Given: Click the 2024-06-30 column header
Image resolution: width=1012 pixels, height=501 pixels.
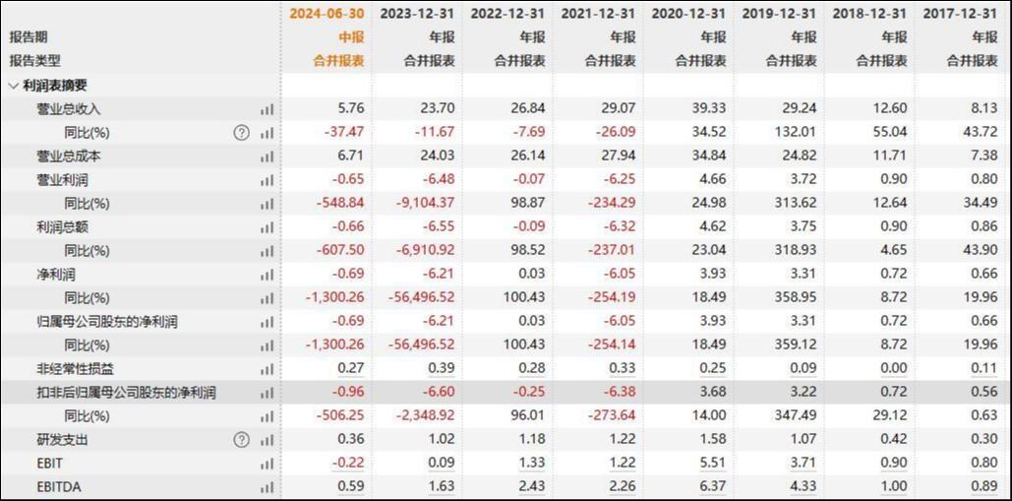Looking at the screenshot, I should [x=327, y=14].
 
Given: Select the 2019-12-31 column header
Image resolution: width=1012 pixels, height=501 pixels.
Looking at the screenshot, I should [x=779, y=14].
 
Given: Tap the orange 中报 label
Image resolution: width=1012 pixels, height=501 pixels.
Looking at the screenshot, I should [x=351, y=37].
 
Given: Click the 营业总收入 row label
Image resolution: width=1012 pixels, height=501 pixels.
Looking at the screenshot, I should [x=69, y=109].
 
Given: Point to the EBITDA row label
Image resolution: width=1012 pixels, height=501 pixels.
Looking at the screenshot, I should [x=58, y=485].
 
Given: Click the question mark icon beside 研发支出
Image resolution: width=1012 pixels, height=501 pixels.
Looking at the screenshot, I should [x=241, y=440].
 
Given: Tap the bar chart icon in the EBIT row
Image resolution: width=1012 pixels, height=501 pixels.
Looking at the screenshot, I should [x=267, y=464].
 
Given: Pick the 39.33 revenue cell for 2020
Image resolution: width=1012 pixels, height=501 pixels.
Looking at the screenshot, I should [x=706, y=109].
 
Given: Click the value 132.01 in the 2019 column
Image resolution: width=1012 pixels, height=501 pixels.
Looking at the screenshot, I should [x=796, y=133].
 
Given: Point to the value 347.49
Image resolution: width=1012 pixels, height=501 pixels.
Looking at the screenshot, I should [x=796, y=416].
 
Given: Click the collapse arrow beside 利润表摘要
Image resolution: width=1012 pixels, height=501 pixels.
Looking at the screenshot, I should [x=13, y=86].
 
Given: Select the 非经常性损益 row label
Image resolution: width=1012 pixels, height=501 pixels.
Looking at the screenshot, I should [x=75, y=369].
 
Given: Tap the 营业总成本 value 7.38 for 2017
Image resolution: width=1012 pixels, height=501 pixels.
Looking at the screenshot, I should [x=982, y=157].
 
